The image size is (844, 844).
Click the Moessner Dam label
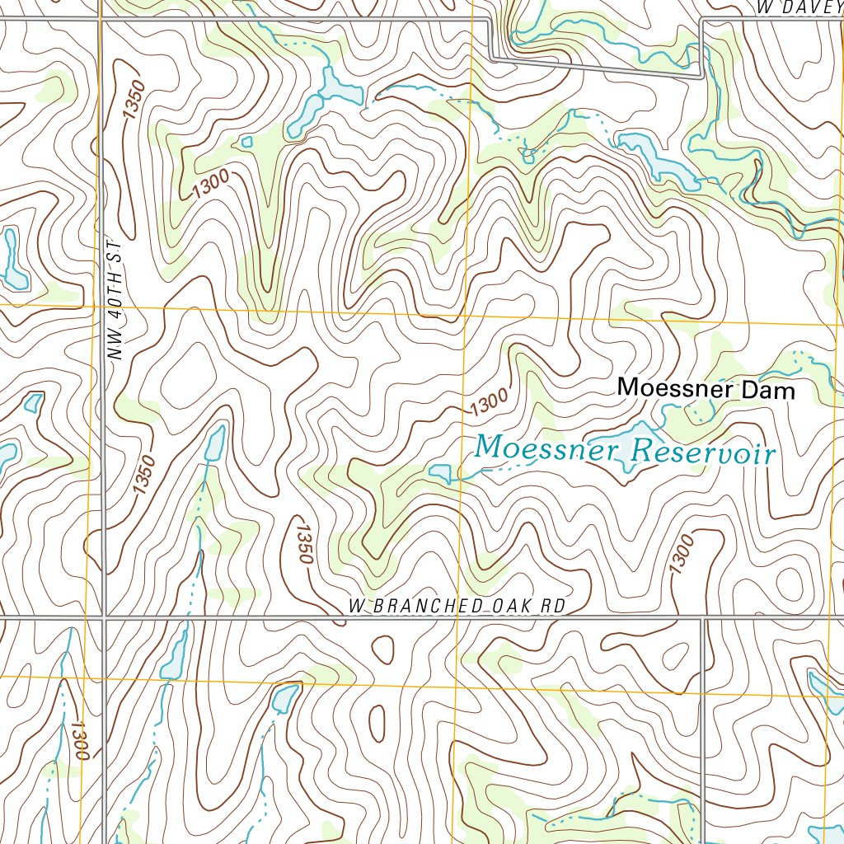pos(706,389)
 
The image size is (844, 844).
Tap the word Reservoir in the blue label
pos(702,452)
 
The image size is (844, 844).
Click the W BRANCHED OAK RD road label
pos(457,607)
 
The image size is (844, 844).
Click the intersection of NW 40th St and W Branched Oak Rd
pos(104,617)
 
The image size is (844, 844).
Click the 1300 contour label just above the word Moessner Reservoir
pos(489,403)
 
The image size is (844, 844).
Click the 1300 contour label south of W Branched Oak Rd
pos(79,739)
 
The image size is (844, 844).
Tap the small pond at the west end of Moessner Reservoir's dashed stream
pos(439,472)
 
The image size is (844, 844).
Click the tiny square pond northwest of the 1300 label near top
pos(246,142)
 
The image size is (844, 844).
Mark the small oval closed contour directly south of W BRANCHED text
pos(383,649)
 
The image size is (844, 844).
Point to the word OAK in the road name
pos(511,607)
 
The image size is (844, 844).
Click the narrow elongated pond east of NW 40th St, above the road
pos(213,445)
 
